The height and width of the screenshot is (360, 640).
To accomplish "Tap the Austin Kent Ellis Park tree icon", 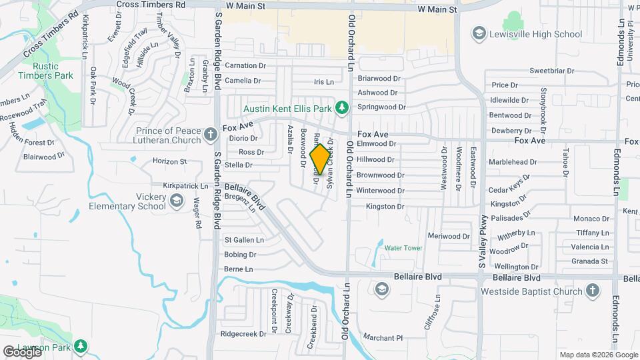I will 342,107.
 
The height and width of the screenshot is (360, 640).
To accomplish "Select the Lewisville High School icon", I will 478,33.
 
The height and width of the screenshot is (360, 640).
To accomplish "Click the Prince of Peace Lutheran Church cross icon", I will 211,135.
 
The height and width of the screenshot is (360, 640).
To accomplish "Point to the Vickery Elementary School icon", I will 176,201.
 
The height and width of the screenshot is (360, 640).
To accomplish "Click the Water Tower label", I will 403,249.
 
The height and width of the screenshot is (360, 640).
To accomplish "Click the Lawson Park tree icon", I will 81,346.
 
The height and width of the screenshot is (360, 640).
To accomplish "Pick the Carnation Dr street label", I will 245,65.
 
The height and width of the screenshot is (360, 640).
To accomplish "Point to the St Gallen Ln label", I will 244,240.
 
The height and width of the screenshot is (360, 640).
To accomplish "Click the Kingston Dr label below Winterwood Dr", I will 385,207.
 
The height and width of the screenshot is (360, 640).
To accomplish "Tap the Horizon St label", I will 169,161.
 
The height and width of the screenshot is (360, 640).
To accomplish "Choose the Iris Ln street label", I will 323,82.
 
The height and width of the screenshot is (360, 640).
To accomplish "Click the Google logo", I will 22,351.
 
